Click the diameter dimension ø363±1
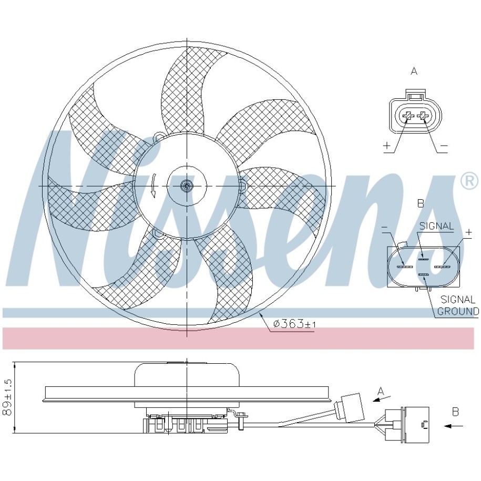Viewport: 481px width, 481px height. (x=294, y=324)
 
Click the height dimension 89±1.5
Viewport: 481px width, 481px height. (x=8, y=397)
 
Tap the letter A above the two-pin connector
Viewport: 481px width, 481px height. (x=414, y=71)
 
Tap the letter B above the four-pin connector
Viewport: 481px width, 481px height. (x=421, y=203)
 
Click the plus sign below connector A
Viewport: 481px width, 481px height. (x=387, y=145)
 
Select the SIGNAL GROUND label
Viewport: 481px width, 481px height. (x=458, y=305)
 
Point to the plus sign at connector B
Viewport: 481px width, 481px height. (x=468, y=232)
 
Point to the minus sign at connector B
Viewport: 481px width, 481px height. (x=385, y=227)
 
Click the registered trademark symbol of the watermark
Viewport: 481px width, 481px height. (x=469, y=181)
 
